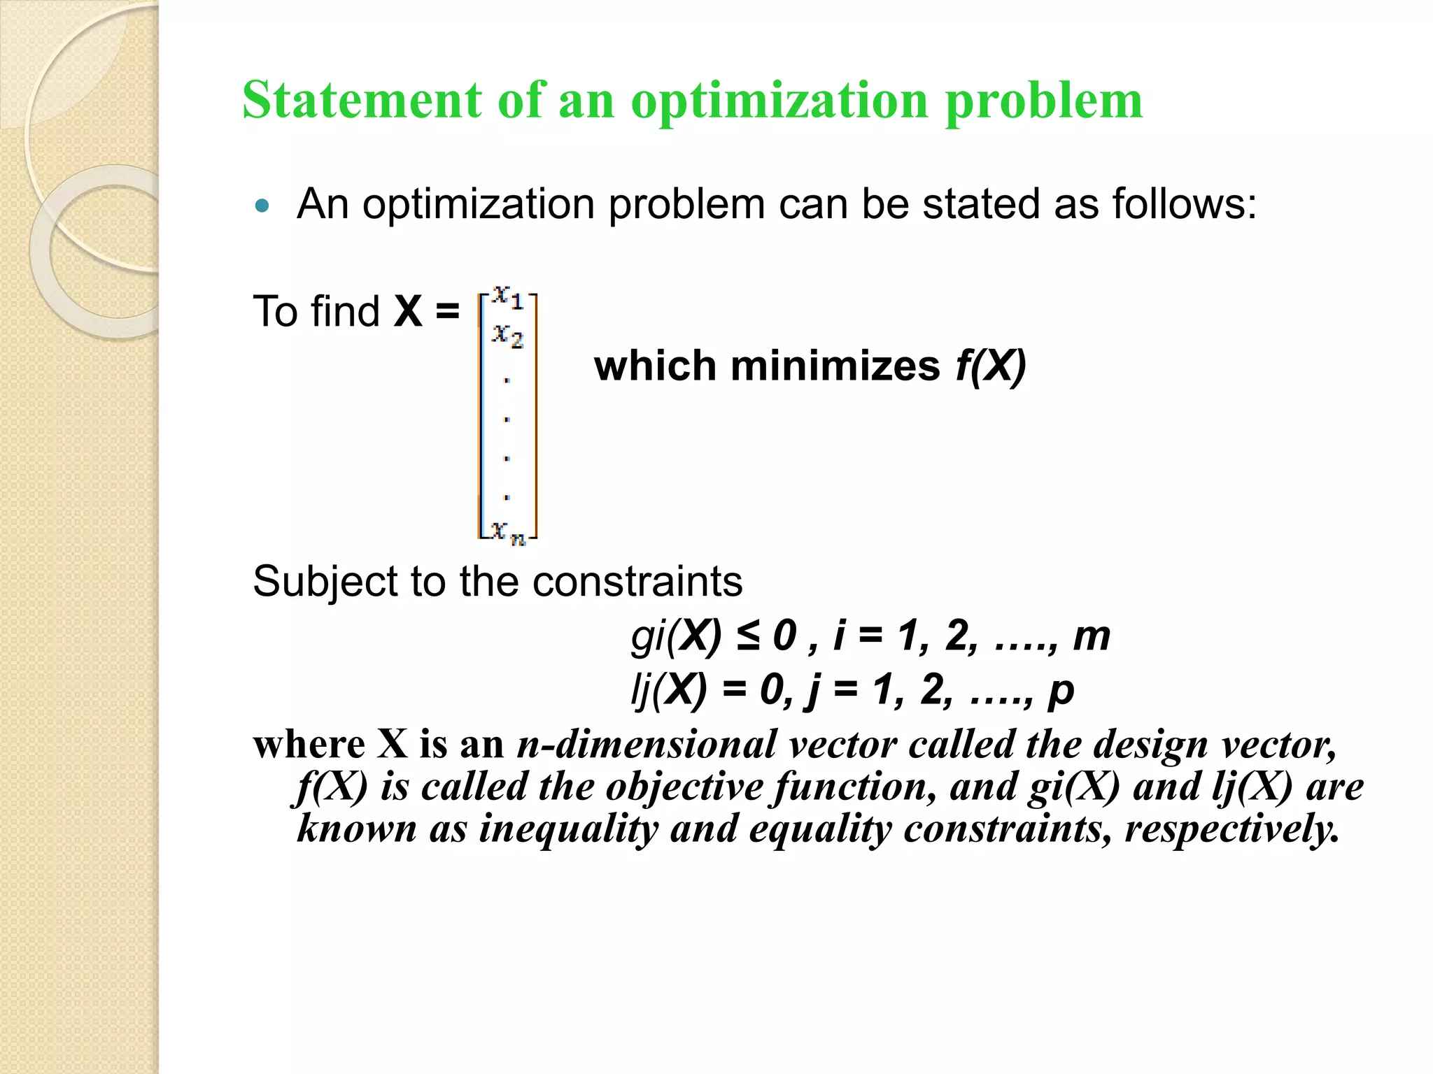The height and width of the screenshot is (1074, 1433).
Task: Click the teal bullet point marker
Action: [262, 206]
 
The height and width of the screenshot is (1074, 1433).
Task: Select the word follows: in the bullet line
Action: [1184, 204]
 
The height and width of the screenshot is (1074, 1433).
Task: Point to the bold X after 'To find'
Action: [408, 311]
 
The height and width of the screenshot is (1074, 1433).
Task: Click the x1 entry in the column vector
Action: [507, 298]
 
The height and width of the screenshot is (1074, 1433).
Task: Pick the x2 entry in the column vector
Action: [507, 336]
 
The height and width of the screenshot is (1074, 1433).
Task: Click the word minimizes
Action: [835, 366]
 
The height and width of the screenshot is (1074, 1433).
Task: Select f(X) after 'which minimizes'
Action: [991, 366]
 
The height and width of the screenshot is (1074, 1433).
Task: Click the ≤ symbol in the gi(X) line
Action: [747, 636]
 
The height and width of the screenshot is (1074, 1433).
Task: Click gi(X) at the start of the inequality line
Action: [675, 637]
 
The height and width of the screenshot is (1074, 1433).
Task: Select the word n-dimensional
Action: [647, 744]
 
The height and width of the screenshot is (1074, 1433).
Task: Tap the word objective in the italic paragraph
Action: [684, 787]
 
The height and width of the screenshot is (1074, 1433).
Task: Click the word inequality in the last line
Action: [568, 829]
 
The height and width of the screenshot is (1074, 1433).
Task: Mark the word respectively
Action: [1231, 829]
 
